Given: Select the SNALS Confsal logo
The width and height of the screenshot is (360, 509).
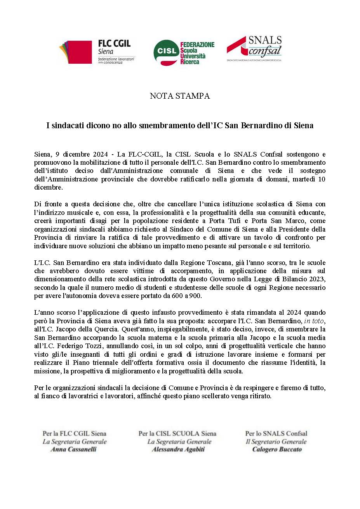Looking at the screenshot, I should [254, 49].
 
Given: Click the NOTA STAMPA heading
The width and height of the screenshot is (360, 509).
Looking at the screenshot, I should [180, 96].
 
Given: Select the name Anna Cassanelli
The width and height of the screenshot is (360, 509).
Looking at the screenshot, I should [74, 450].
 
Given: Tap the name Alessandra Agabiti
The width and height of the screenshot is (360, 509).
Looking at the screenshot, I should [178, 450].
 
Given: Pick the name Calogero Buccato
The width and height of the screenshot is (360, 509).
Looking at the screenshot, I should [277, 450].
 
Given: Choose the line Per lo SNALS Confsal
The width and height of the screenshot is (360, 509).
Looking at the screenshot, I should [276, 433].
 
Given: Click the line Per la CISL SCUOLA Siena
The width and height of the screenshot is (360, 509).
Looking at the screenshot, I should [177, 433].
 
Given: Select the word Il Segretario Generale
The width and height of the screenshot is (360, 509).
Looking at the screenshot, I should [276, 441].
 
